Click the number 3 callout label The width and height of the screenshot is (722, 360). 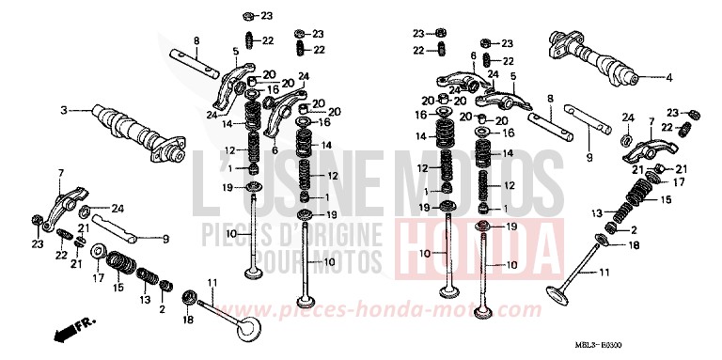64,111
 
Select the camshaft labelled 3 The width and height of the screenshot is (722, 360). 132,129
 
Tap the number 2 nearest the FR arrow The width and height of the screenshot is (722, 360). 162,307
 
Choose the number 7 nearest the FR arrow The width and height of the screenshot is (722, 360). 60,173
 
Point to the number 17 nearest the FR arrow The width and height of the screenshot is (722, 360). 96,278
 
